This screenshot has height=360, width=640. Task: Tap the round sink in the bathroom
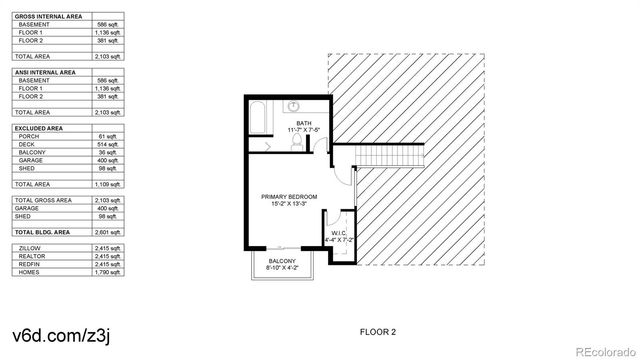click(x=296, y=105)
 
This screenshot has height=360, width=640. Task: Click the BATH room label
click(x=303, y=125)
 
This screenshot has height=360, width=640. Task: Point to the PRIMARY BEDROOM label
click(x=289, y=200)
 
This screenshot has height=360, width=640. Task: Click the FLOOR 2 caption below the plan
click(x=378, y=331)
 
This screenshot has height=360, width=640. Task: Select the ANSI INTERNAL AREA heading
click(x=46, y=71)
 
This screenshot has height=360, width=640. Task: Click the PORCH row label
click(x=29, y=136)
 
